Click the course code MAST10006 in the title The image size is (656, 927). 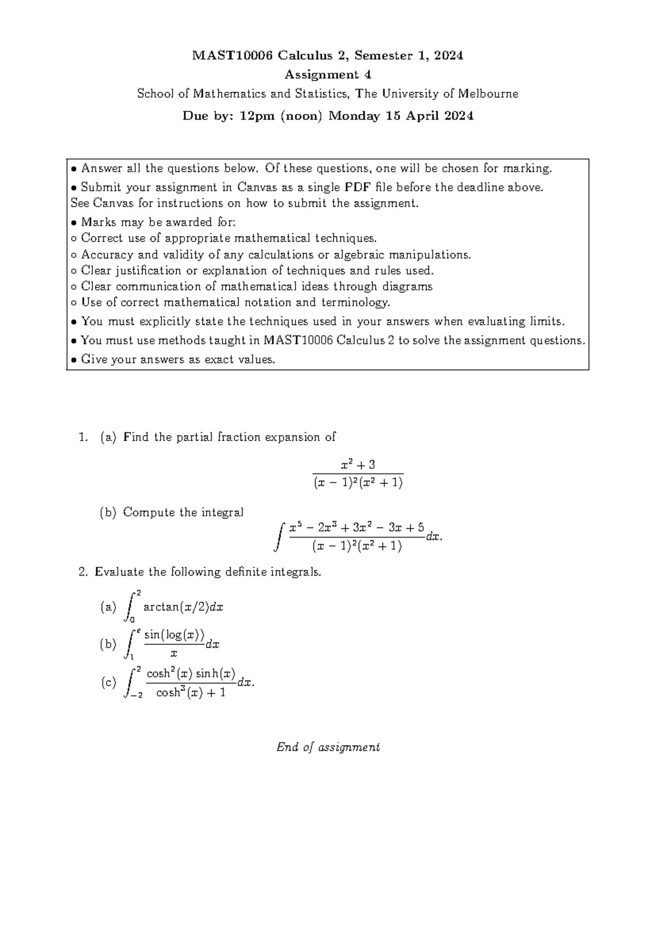click(232, 56)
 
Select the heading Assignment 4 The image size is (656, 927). click(327, 75)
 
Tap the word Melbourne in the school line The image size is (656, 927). click(488, 94)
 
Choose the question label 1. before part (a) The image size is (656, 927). click(83, 437)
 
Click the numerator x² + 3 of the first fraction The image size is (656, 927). click(358, 465)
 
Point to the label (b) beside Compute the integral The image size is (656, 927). click(108, 513)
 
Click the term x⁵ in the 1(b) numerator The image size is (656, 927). click(295, 528)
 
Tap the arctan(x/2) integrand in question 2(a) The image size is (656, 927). click(183, 607)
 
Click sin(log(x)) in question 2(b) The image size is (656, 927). click(174, 635)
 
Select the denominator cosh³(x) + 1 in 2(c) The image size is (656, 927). click(191, 693)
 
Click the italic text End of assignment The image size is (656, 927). click(328, 747)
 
